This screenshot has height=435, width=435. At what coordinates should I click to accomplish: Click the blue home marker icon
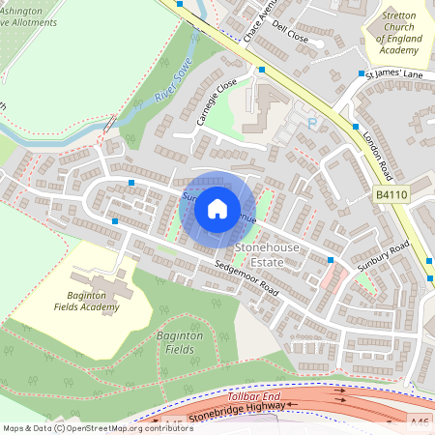[x=217, y=207]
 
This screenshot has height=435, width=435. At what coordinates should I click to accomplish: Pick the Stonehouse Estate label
[x=269, y=255]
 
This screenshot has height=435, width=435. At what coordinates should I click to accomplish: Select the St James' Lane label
[x=393, y=74]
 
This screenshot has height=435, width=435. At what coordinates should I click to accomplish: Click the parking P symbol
[x=311, y=123]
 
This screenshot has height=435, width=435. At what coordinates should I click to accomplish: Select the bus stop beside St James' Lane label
[x=361, y=73]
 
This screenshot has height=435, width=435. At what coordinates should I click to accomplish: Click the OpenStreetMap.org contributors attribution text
[x=125, y=427]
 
